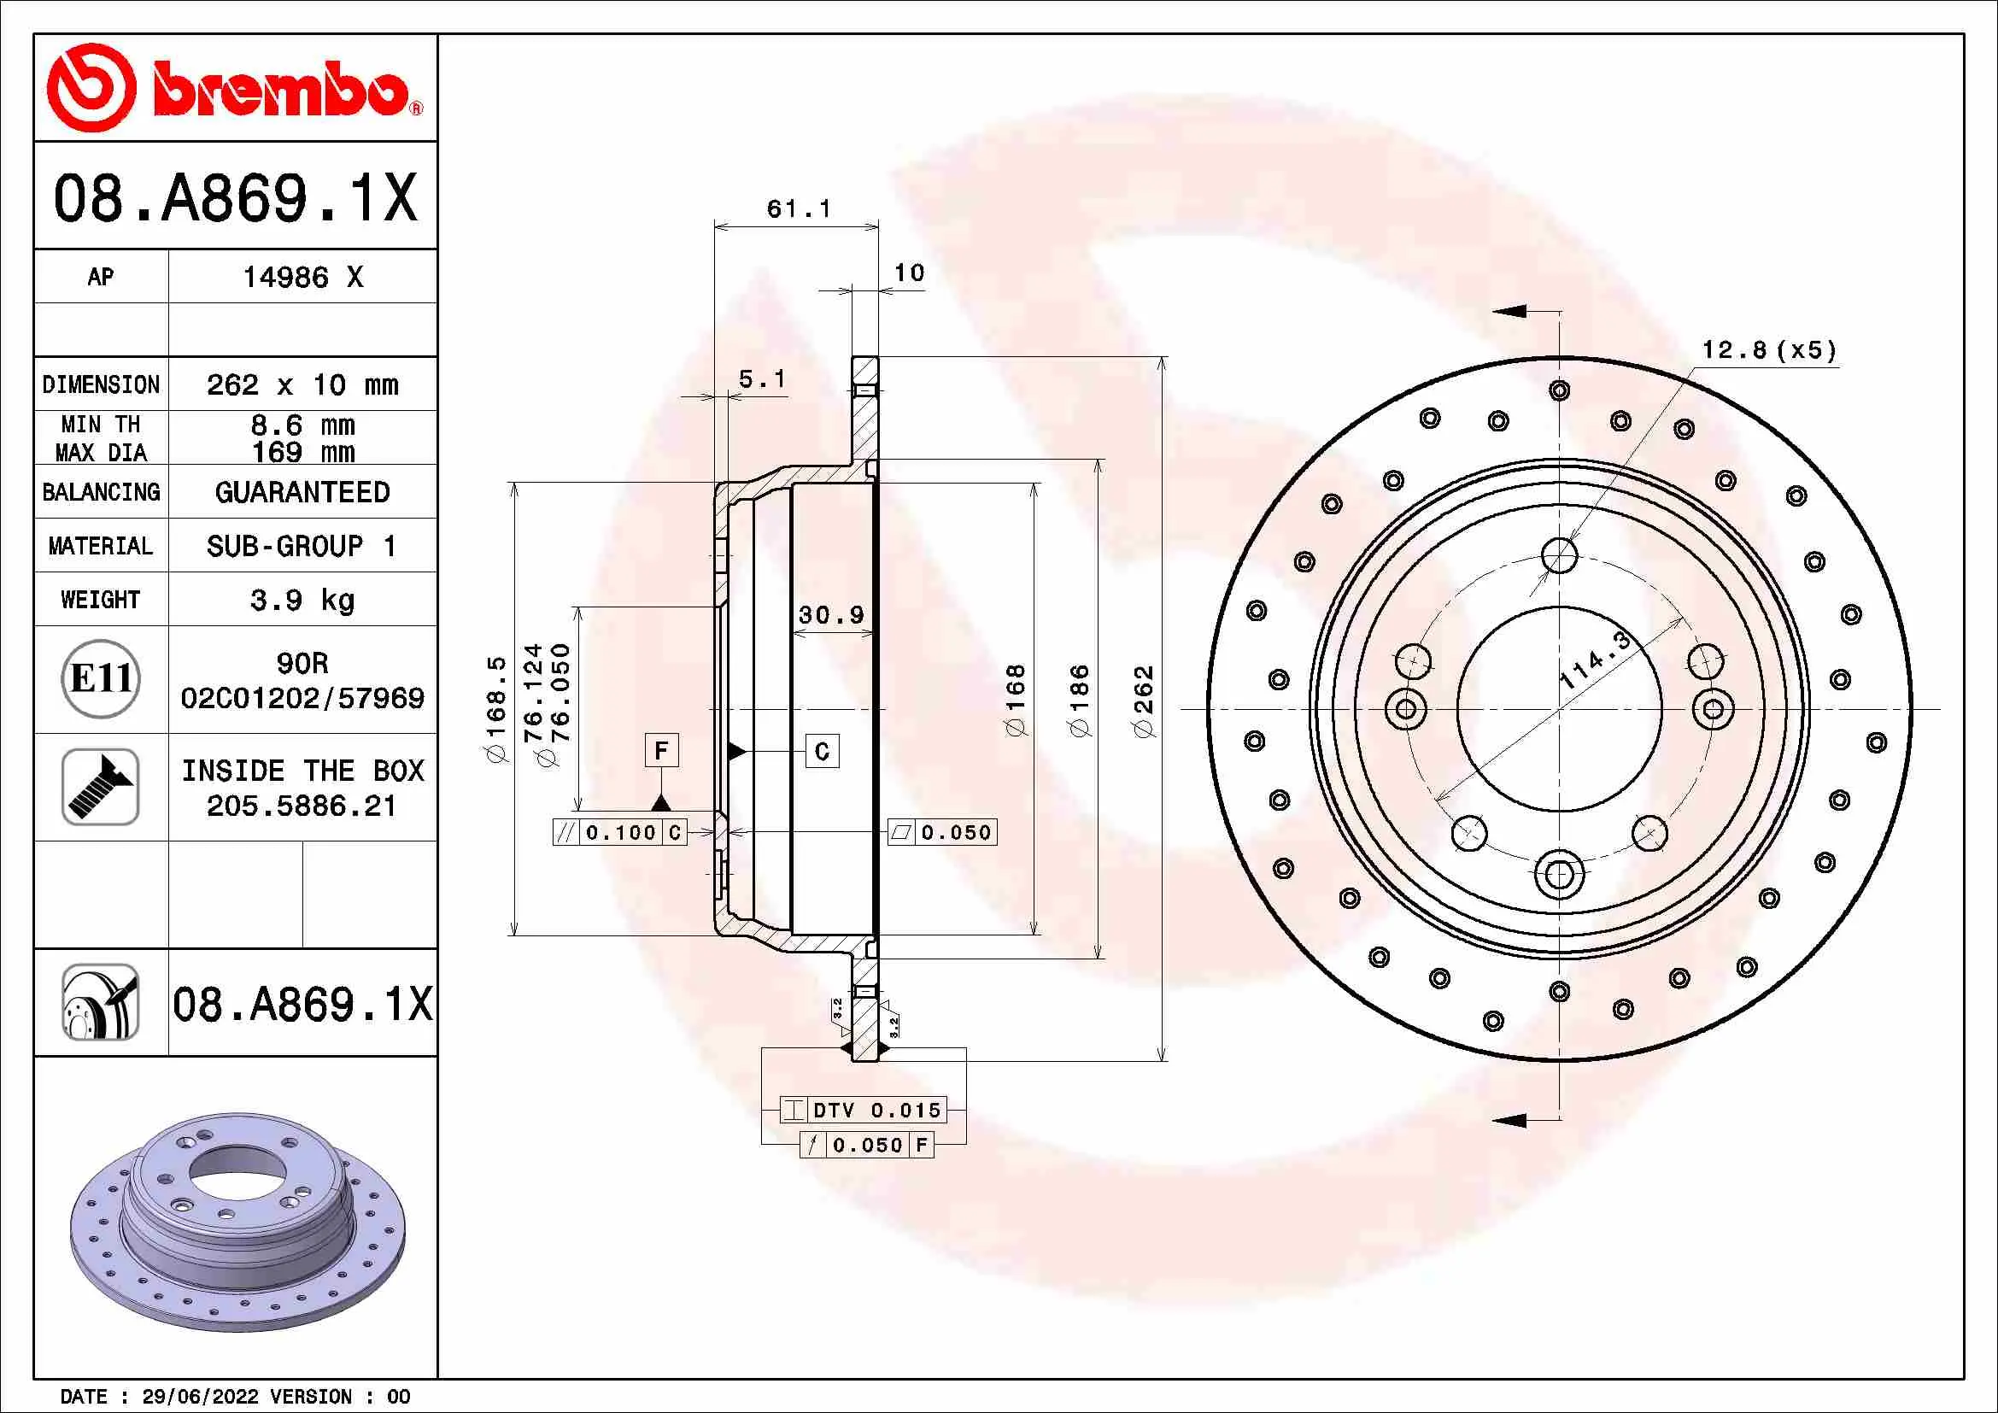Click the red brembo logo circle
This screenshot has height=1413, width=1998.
click(x=91, y=88)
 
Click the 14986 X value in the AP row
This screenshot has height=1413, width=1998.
click(x=302, y=278)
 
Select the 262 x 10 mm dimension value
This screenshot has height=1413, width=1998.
click(x=302, y=384)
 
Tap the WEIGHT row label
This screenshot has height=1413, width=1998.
click(x=100, y=600)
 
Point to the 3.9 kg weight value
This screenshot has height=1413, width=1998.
click(x=302, y=600)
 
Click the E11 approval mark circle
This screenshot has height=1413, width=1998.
click(x=101, y=678)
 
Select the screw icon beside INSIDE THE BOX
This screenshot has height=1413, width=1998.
click(x=101, y=787)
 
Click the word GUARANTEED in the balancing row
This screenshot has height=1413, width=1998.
click(x=302, y=492)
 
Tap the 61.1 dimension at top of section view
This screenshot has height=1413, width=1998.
click(x=798, y=208)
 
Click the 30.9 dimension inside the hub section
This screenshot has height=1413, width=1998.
click(x=831, y=615)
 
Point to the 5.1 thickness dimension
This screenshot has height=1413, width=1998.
click(x=761, y=379)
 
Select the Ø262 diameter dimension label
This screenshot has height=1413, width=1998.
click(x=1144, y=701)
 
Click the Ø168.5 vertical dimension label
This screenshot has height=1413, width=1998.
click(x=496, y=709)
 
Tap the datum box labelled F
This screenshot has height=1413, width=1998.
click(x=661, y=750)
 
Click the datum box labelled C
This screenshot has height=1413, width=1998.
click(x=823, y=751)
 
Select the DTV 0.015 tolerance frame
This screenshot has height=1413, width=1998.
click(x=863, y=1111)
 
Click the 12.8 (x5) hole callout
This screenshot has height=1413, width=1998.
click(x=1769, y=350)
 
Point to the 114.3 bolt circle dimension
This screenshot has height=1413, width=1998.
click(x=1595, y=661)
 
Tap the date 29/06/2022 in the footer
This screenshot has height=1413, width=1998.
click(x=199, y=1397)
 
